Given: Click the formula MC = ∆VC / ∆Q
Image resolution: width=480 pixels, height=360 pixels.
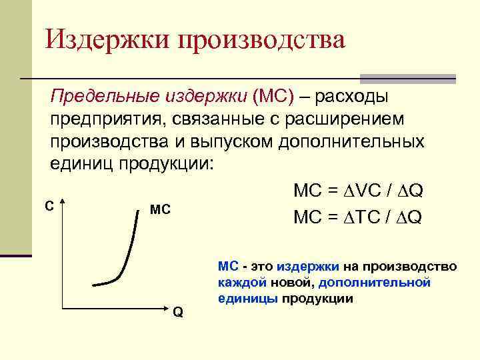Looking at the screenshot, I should click(357, 191).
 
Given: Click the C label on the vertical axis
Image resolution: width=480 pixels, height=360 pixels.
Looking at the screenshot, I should click(48, 206).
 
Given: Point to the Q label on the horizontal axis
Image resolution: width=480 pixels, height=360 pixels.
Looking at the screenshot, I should click(177, 311).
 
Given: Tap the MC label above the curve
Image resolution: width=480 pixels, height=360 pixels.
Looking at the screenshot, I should click(160, 210).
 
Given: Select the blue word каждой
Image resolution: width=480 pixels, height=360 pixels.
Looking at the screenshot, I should click(237, 282).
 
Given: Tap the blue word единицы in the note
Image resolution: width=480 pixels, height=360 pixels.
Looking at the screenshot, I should click(247, 298).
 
